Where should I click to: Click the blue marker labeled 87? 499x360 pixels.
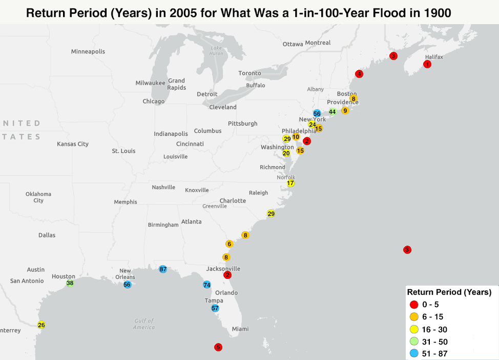pyautogui.click(x=163, y=269)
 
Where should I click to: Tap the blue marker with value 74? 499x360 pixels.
pyautogui.click(x=207, y=285)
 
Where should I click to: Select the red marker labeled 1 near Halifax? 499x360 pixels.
pyautogui.click(x=427, y=64)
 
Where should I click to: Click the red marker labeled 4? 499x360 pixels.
pyautogui.click(x=359, y=74)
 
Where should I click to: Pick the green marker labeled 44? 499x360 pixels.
pyautogui.click(x=332, y=111)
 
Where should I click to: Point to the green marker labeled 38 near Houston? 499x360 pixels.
pyautogui.click(x=70, y=283)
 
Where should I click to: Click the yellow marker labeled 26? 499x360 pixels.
pyautogui.click(x=41, y=325)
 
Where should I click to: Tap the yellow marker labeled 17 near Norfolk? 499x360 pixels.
pyautogui.click(x=290, y=183)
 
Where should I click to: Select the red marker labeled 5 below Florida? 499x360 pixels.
pyautogui.click(x=218, y=347)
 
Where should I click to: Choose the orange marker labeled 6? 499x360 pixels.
pyautogui.click(x=230, y=244)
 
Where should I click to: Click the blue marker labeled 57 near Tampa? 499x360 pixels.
pyautogui.click(x=215, y=308)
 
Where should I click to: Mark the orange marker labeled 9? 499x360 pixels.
pyautogui.click(x=345, y=111)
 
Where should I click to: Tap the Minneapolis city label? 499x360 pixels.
pyautogui.click(x=88, y=52)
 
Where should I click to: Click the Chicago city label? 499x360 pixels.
pyautogui.click(x=153, y=102)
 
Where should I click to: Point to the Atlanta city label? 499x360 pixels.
pyautogui.click(x=191, y=222)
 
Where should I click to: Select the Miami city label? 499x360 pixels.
pyautogui.click(x=240, y=329)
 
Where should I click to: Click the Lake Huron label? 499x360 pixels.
pyautogui.click(x=216, y=51)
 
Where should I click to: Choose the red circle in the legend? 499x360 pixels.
pyautogui.click(x=414, y=305)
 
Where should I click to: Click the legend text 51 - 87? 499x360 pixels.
pyautogui.click(x=435, y=354)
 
